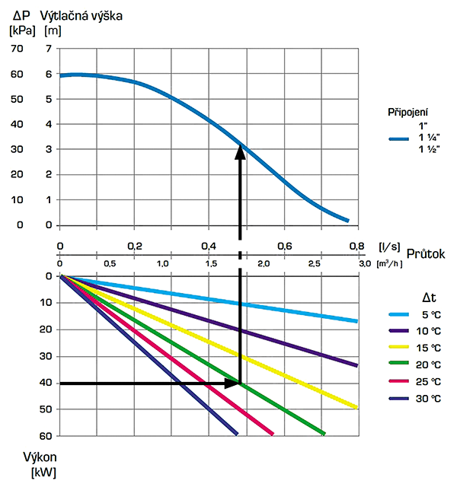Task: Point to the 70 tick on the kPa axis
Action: click(x=18, y=49)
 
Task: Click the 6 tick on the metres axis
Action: click(x=49, y=74)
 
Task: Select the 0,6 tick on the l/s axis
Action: click(x=283, y=247)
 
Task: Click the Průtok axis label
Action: click(x=426, y=253)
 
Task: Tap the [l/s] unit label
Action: click(x=390, y=246)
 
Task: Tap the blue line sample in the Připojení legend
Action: click(x=400, y=138)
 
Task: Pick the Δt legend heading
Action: click(x=429, y=296)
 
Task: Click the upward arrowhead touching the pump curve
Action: click(x=240, y=151)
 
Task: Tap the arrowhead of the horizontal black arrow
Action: click(x=233, y=383)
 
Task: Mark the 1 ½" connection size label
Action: click(x=428, y=149)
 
